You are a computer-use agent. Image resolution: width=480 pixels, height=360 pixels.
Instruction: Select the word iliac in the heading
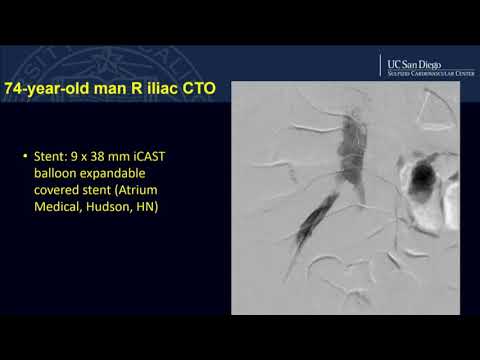point(158,89)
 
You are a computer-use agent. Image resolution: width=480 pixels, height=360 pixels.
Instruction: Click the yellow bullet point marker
point(23,158)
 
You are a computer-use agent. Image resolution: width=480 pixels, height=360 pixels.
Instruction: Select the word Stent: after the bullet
point(52,158)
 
